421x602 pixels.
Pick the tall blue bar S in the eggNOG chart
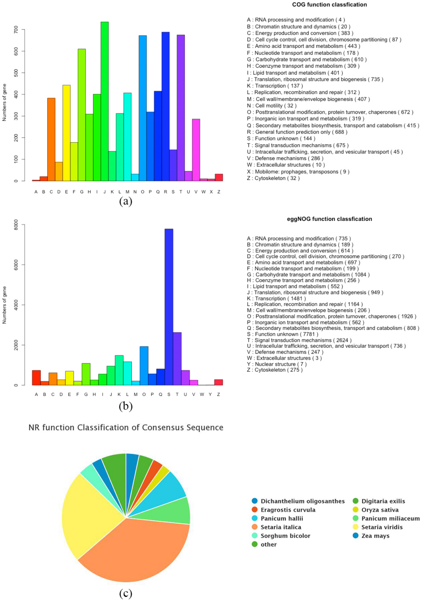tap(169, 307)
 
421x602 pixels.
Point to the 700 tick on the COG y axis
tap(16, 30)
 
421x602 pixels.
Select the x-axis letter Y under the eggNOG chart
tap(210, 394)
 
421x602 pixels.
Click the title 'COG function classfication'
tap(329, 5)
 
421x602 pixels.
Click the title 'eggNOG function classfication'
tap(329, 219)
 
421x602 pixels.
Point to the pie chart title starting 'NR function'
tap(126, 428)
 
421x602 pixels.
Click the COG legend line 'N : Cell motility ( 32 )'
tap(272, 106)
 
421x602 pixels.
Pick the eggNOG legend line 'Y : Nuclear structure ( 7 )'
tap(277, 364)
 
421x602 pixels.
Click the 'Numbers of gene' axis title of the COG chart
tap(4, 102)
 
